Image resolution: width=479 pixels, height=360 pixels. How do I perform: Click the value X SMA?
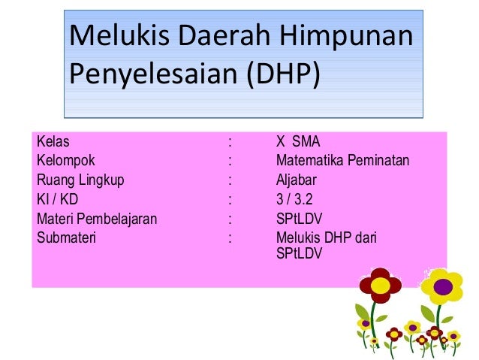tap(298, 140)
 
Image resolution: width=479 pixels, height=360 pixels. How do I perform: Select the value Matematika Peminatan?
tap(348, 160)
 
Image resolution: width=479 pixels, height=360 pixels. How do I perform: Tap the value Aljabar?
tap(296, 180)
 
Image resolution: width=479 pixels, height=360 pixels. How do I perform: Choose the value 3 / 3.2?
tap(294, 200)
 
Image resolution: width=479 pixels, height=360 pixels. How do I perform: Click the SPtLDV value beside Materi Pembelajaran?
tap(299, 219)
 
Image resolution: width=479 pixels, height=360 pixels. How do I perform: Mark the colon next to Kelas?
tap(230, 140)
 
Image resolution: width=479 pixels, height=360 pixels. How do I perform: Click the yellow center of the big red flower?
tap(380, 286)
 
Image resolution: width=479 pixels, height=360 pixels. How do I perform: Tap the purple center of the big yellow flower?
tap(443, 286)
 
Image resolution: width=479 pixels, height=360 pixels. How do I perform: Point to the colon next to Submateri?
tap(230, 239)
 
